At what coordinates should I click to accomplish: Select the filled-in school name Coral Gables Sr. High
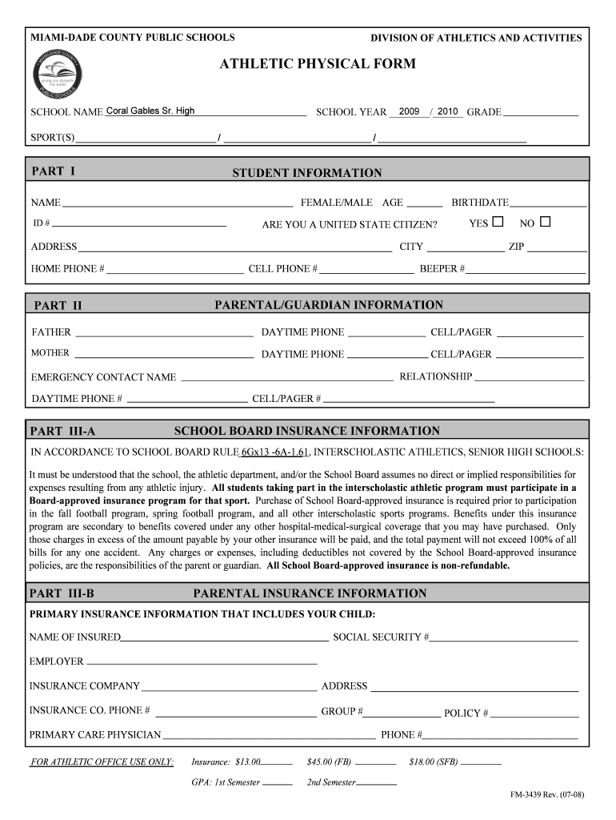(150, 111)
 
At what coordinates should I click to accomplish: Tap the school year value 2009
(409, 111)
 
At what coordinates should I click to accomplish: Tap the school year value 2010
(447, 111)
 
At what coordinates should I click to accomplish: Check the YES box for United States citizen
(498, 222)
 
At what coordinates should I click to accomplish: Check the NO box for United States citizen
(546, 222)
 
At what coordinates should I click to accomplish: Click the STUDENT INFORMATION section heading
(307, 173)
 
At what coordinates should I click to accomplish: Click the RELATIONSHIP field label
(435, 376)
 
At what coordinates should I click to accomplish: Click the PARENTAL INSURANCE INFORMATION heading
(310, 593)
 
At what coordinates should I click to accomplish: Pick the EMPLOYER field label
(56, 661)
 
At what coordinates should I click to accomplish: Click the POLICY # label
(466, 713)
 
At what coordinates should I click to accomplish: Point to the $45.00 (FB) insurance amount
(329, 762)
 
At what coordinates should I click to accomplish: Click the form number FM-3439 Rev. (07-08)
(548, 796)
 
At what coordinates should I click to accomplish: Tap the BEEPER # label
(442, 269)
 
